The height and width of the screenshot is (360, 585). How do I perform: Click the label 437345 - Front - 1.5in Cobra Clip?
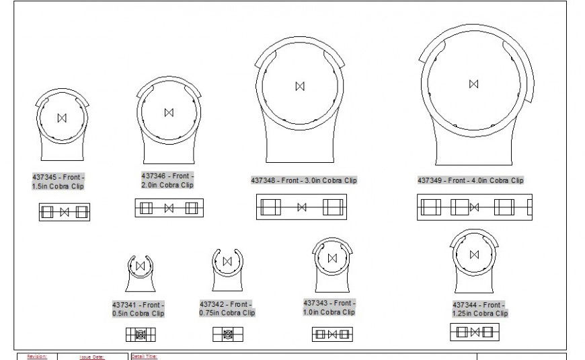tap(58, 181)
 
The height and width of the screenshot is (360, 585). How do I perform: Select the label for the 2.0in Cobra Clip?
tap(167, 180)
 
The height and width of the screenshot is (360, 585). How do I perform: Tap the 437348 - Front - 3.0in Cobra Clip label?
tap(304, 180)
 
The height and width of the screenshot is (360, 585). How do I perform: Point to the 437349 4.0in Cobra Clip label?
tap(470, 180)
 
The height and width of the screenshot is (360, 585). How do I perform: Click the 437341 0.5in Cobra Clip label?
tap(138, 309)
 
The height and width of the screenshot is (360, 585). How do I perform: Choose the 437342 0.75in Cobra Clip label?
tap(227, 308)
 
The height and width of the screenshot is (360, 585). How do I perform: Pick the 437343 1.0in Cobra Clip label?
tap(329, 308)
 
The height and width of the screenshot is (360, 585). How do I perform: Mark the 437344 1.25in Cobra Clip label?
tap(479, 309)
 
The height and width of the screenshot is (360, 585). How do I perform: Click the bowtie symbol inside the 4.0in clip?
tap(474, 83)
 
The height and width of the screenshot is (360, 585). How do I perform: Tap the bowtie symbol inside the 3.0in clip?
tap(300, 85)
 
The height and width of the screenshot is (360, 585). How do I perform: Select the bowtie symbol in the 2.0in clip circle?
tap(169, 112)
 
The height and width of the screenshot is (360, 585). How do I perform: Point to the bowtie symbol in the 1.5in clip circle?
tap(63, 118)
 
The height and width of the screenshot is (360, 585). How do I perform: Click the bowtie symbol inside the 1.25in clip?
tap(475, 254)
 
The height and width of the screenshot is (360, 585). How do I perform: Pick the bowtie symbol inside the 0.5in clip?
tap(141, 266)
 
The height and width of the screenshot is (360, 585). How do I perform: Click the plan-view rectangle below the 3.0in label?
tap(301, 207)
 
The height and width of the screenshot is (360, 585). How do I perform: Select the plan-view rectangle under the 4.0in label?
tap(474, 207)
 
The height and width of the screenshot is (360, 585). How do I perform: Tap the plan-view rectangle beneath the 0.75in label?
tap(228, 334)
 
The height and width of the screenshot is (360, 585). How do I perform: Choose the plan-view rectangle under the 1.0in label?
tap(332, 334)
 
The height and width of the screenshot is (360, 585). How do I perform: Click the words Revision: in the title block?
tap(37, 357)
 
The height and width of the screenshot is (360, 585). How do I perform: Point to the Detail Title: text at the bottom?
tap(145, 357)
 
